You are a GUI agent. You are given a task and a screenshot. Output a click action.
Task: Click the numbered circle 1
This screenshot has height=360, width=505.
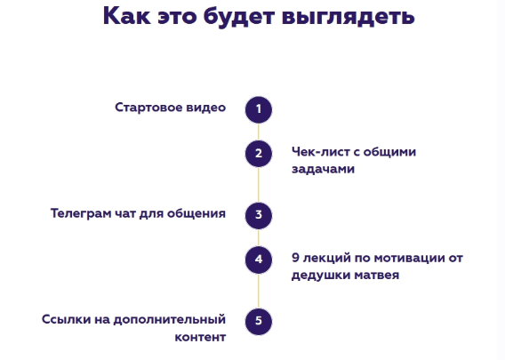(259, 109)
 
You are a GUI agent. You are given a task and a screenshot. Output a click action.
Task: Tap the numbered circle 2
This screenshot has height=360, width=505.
(259, 154)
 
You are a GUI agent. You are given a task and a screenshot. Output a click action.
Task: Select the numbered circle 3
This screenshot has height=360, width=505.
(259, 215)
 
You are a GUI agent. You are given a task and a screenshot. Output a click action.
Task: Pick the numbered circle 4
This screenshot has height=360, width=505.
(259, 260)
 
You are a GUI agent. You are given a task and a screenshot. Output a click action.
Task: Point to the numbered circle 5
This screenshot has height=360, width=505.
(259, 321)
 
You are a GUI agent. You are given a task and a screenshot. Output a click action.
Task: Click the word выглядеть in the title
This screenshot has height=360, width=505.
(349, 17)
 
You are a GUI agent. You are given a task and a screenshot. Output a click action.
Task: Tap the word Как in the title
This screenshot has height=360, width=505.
(126, 15)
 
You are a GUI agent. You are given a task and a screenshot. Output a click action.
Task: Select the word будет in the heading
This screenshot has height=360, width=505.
(239, 16)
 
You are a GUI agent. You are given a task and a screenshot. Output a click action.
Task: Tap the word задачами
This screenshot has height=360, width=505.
(323, 169)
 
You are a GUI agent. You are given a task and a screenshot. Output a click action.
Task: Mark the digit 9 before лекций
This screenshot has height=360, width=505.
(296, 258)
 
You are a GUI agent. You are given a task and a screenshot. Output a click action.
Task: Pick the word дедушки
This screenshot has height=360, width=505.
(321, 276)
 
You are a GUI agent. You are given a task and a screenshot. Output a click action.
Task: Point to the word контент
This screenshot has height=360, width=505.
(200, 338)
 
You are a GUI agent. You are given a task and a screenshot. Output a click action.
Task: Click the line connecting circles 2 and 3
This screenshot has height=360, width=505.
(259, 185)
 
